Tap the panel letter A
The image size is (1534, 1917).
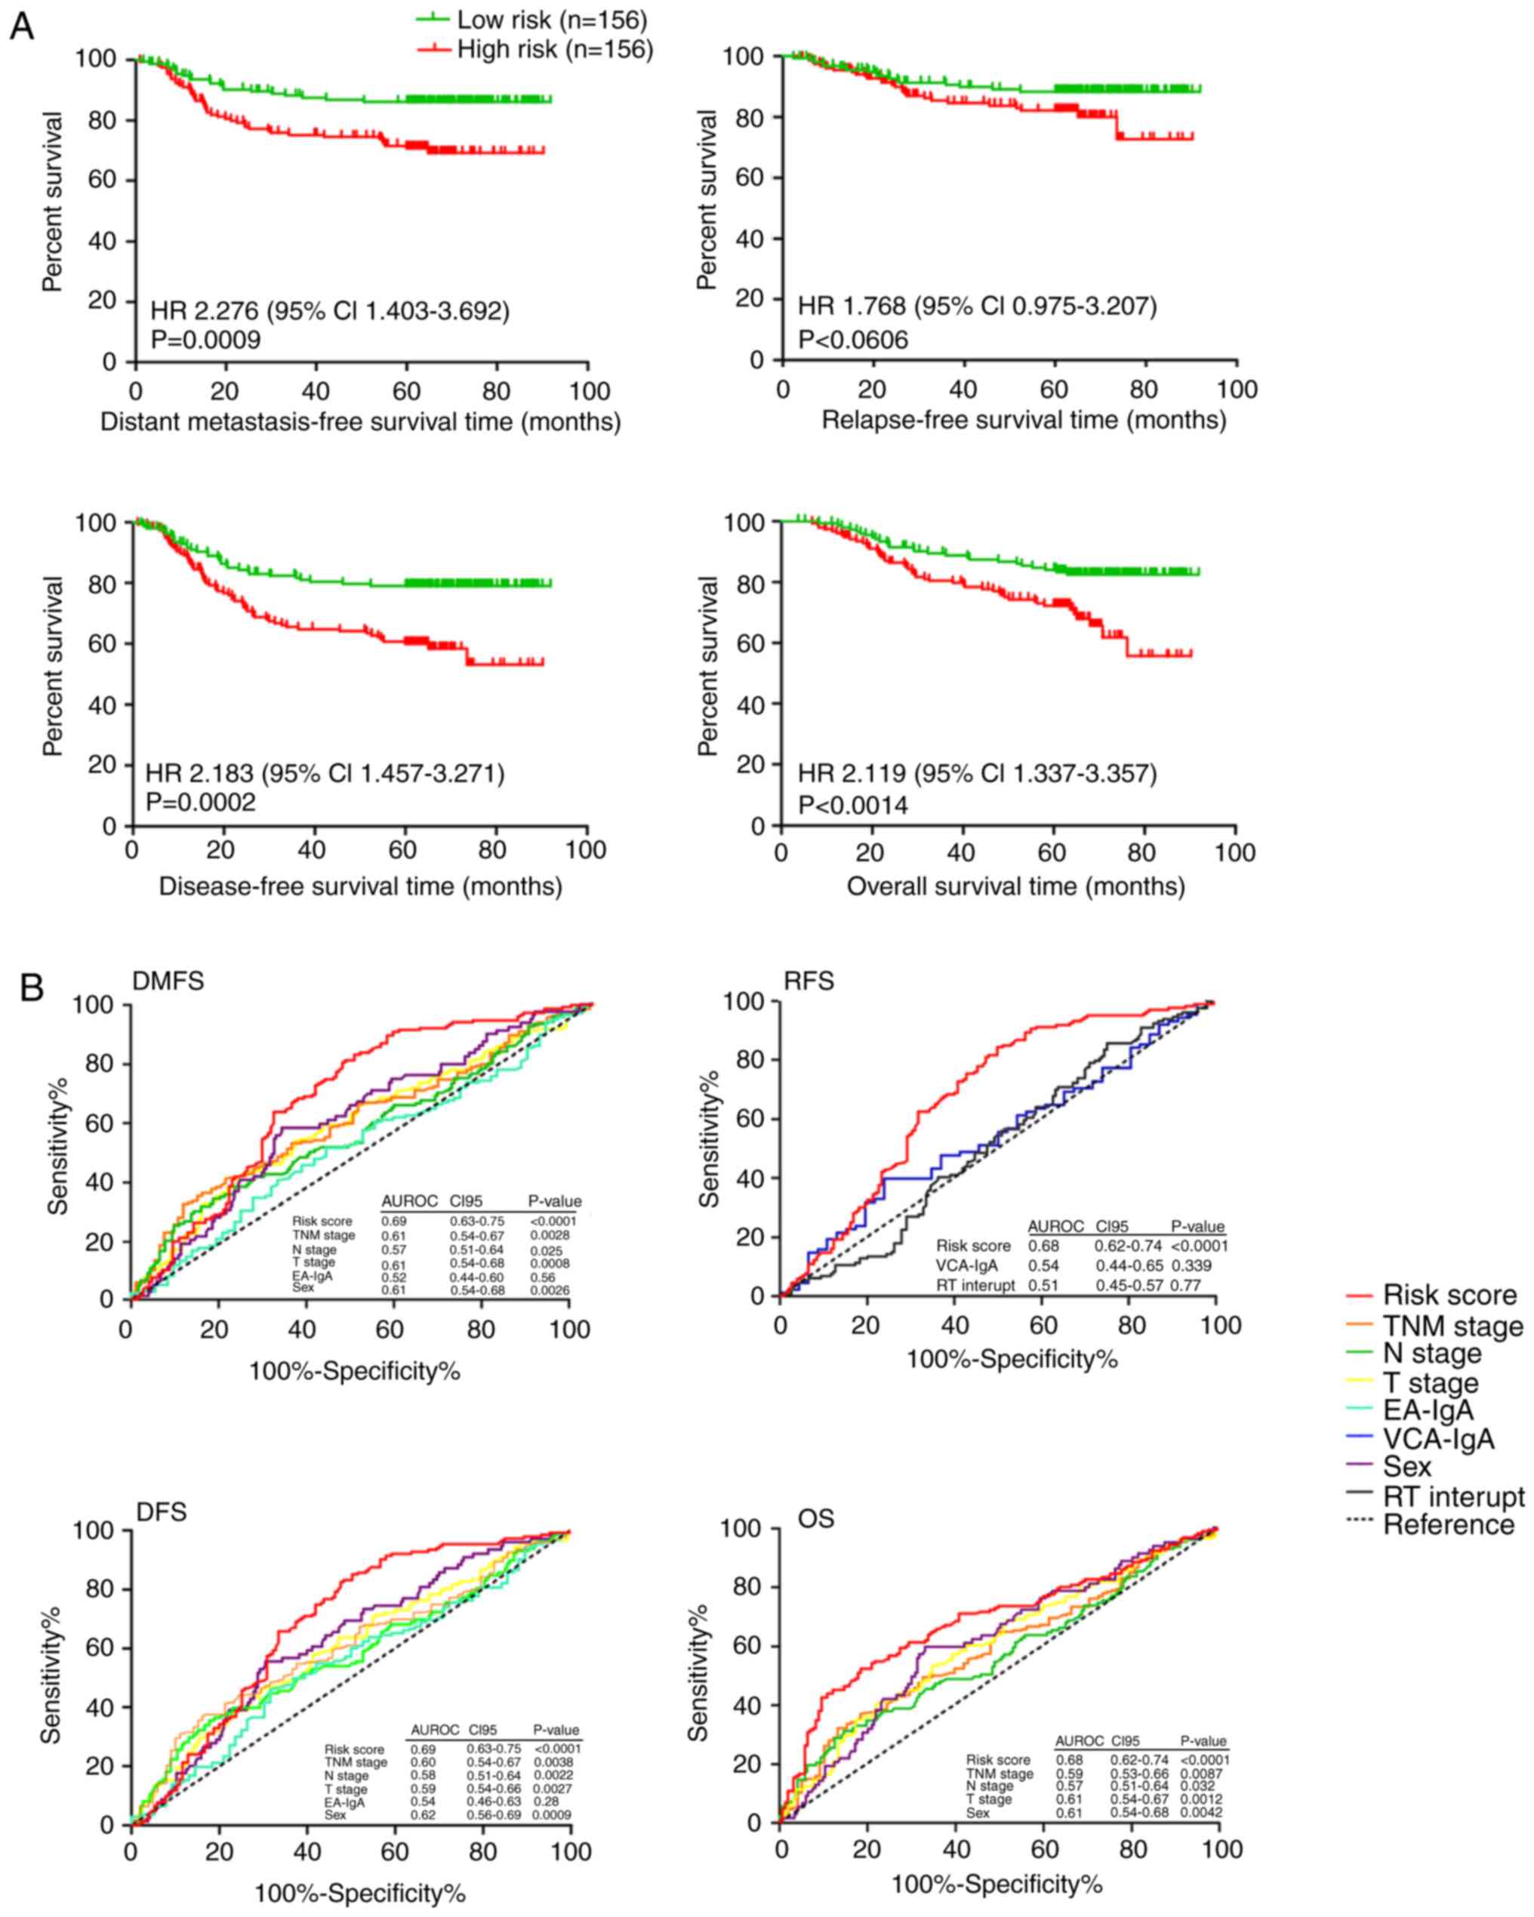click(21, 26)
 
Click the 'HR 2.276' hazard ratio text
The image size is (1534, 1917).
click(204, 311)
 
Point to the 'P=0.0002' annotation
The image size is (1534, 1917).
click(200, 802)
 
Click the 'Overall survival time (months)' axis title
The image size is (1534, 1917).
click(1015, 886)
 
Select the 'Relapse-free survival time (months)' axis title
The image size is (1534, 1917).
click(1024, 420)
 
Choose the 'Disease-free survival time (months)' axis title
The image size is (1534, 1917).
click(360, 886)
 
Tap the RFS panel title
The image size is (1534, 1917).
click(809, 981)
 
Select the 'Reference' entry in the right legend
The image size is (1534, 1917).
click(1449, 1525)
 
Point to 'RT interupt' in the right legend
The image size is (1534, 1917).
click(1453, 1496)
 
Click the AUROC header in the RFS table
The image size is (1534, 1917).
click(1055, 1226)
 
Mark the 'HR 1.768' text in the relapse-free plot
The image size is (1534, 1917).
click(851, 307)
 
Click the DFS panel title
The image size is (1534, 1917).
click(161, 1512)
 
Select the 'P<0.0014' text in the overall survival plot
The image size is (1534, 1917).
click(853, 806)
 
